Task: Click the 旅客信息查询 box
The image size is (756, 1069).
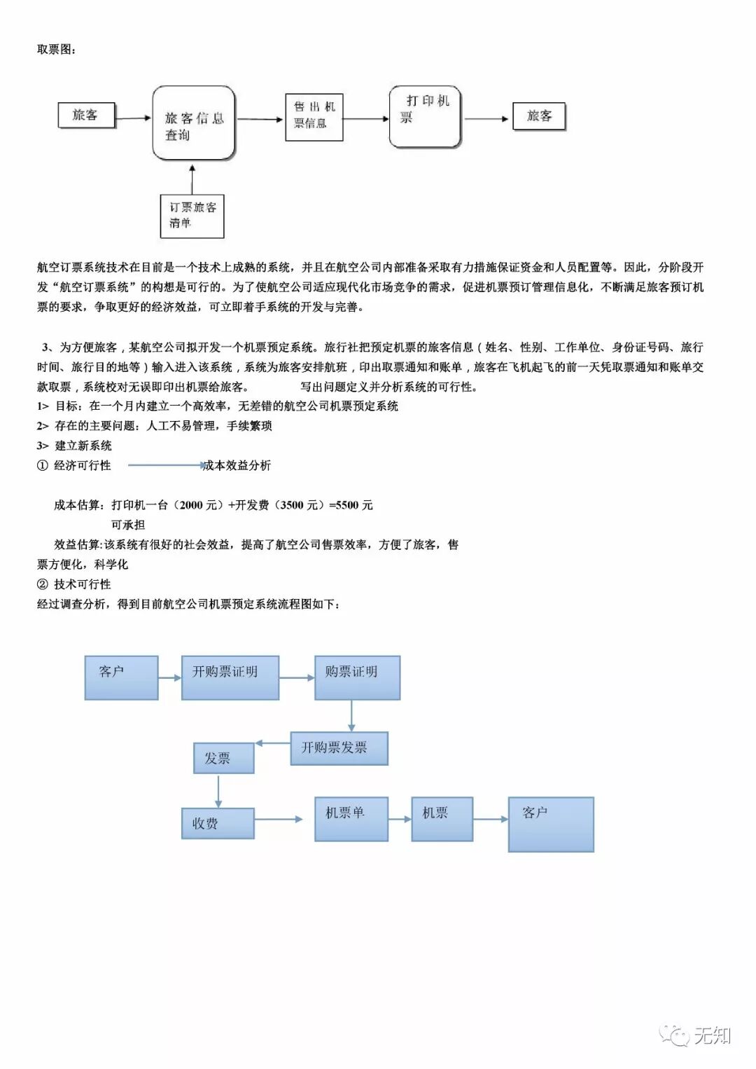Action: coord(194,123)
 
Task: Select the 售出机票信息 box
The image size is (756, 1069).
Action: coord(314,117)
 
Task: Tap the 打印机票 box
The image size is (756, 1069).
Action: coord(425,116)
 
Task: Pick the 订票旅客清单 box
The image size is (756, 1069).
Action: coord(192,216)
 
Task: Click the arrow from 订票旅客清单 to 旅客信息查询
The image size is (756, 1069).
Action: coord(192,179)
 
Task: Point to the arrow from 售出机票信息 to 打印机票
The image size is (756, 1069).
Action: coord(365,118)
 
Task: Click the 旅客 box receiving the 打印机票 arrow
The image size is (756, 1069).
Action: coord(538,116)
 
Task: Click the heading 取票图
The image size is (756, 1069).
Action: coord(57,50)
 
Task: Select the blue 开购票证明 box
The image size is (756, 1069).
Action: coord(230,677)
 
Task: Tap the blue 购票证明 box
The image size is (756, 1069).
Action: coord(357,677)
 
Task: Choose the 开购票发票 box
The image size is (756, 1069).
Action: coord(339,748)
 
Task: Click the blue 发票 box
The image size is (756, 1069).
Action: coord(223,758)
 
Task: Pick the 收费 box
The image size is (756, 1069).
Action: coord(218,823)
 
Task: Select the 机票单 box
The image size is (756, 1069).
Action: coord(351,818)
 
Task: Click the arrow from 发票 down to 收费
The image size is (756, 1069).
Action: coord(218,791)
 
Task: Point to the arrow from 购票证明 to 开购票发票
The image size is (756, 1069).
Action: coord(351,716)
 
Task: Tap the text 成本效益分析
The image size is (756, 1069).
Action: coord(237,466)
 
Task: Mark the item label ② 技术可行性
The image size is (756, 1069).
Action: coord(74,584)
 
